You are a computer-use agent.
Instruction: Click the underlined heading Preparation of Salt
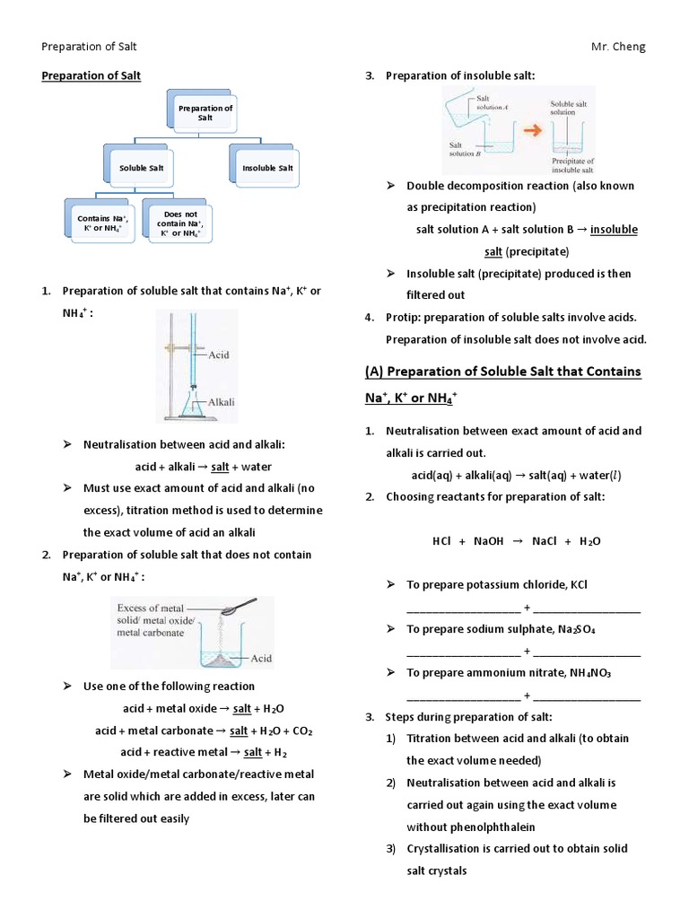pyautogui.click(x=92, y=76)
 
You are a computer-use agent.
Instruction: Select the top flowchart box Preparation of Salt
pyautogui.click(x=205, y=113)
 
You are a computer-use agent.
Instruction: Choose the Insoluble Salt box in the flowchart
pyautogui.click(x=266, y=168)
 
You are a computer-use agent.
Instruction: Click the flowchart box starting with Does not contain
pyautogui.click(x=179, y=223)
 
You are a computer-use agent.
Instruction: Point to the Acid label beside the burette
pyautogui.click(x=218, y=354)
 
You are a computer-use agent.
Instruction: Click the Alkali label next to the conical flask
pyautogui.click(x=221, y=402)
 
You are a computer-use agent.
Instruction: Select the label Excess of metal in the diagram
pyautogui.click(x=151, y=608)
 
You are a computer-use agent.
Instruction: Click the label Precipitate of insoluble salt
pyautogui.click(x=571, y=164)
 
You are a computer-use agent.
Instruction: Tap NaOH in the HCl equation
pyautogui.click(x=489, y=541)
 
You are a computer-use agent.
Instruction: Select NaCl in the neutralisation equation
pyautogui.click(x=545, y=541)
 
